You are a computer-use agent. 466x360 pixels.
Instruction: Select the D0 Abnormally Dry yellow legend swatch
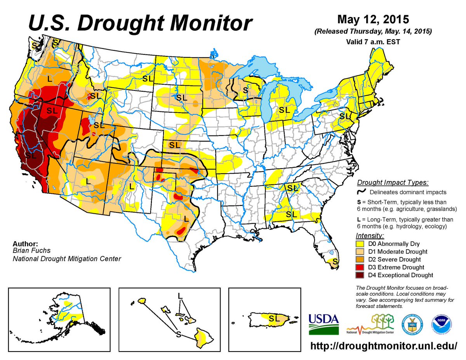[x=360, y=243]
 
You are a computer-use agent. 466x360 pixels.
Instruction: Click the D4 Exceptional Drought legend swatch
[x=360, y=275]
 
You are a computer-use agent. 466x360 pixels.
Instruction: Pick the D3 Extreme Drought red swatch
[x=360, y=267]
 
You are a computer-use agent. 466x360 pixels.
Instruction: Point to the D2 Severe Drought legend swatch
[x=360, y=259]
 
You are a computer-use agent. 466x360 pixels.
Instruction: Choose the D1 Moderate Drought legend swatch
[x=360, y=251]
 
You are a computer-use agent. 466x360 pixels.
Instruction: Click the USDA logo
[x=323, y=324]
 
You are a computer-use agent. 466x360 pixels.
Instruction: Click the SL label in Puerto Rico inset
[x=274, y=318]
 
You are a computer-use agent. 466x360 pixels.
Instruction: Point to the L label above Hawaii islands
[x=180, y=296]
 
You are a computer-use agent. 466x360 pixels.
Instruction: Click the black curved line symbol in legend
[x=361, y=192]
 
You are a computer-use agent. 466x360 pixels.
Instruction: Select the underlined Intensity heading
[x=369, y=235]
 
